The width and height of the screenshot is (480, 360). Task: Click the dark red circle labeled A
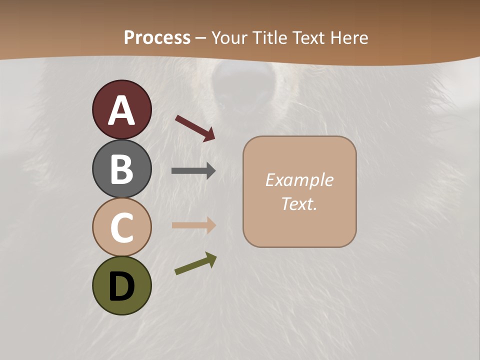121,109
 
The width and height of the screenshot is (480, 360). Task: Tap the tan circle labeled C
121,227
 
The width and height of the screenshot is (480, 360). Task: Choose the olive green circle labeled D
121,285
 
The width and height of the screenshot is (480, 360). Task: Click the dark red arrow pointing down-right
195,128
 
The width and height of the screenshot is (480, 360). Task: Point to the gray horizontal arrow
193,171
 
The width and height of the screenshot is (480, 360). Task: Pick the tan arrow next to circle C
193,225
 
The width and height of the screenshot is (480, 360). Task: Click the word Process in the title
157,37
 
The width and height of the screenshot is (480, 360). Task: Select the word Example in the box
299,180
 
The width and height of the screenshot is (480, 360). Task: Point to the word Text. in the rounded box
299,203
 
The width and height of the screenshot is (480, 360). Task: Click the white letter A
121,110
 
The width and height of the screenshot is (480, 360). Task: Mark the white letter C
121,227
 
